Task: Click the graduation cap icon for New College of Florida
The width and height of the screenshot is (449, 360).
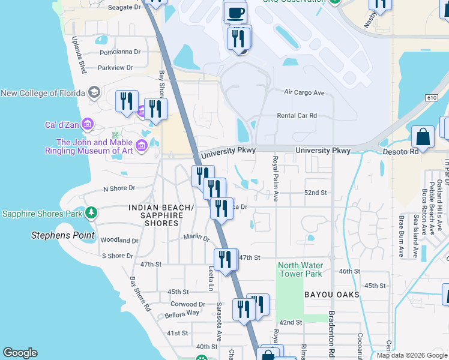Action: click(x=94, y=92)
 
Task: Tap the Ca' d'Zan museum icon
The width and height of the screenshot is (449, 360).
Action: click(x=88, y=125)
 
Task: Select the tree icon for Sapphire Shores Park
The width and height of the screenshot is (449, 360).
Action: click(x=91, y=212)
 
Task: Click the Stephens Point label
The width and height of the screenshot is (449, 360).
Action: click(x=59, y=235)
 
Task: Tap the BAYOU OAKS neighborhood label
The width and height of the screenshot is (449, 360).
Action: click(x=331, y=295)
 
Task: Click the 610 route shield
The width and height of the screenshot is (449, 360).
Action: click(x=433, y=97)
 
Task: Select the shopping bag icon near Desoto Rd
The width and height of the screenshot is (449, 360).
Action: click(x=423, y=136)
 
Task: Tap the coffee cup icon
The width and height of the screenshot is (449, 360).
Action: click(x=235, y=12)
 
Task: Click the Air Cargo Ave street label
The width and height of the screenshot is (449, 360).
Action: click(x=304, y=93)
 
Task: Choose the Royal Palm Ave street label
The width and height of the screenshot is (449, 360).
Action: click(x=276, y=179)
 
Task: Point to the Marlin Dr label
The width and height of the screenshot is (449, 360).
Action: click(x=196, y=238)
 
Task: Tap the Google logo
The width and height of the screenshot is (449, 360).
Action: click(x=20, y=353)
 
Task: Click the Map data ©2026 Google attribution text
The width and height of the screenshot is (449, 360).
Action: click(x=412, y=355)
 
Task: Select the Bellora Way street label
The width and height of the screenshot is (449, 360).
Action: click(x=184, y=313)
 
